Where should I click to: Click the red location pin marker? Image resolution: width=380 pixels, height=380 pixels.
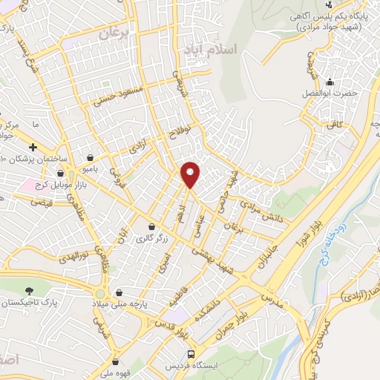coord(191,174)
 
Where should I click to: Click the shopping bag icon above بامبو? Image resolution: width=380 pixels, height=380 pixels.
coord(90,157)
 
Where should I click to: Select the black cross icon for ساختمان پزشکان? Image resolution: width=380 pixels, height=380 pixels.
coord(33,148)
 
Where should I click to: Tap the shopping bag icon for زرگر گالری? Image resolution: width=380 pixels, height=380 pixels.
coord(151,226)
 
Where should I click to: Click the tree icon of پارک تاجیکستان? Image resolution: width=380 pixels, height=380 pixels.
coord(29,290)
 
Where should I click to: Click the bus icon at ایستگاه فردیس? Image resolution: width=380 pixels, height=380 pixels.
coord(191,354)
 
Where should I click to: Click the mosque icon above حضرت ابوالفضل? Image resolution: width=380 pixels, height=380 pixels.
coord(329,82)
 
